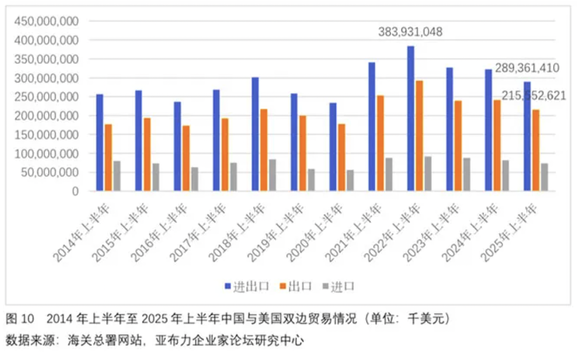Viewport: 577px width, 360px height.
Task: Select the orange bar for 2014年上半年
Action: coord(108,158)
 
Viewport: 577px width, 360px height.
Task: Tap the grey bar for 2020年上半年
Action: coord(350,181)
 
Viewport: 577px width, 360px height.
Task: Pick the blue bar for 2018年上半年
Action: coord(255,134)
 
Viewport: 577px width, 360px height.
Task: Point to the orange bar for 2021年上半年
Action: coord(380,143)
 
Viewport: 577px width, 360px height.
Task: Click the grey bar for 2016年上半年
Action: coord(195,179)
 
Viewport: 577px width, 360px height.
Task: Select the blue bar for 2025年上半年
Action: coord(527,137)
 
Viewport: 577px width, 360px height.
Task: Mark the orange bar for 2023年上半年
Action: coord(458,146)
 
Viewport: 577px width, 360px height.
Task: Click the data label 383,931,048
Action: coord(410,32)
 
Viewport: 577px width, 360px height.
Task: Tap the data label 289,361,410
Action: coord(527,68)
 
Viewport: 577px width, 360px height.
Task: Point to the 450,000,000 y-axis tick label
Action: coord(47,21)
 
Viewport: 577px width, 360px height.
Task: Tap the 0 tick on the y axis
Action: coord(75,192)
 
